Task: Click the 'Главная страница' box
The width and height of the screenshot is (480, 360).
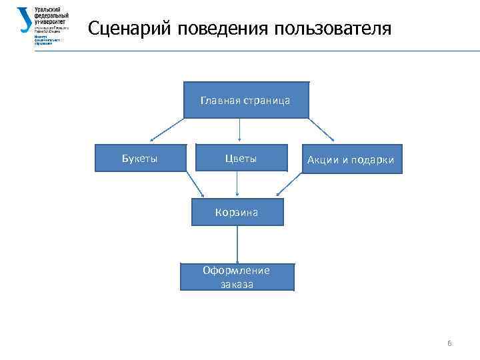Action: (x=245, y=100)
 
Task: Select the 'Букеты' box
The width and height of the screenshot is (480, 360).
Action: (x=140, y=158)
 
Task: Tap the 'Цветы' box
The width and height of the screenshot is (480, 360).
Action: (x=241, y=159)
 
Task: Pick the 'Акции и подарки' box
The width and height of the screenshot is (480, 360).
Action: (x=351, y=159)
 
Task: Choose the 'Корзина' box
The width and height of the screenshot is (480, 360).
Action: (x=237, y=213)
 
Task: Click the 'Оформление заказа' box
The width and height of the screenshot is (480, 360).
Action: (x=237, y=276)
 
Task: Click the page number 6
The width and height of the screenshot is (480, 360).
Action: (x=449, y=343)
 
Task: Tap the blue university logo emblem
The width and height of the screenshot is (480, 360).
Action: (x=25, y=21)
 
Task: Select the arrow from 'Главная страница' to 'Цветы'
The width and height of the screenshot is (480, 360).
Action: (x=239, y=131)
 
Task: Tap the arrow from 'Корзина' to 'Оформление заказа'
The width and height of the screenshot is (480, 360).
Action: (x=237, y=244)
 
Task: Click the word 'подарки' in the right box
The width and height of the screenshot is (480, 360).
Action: (x=373, y=160)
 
